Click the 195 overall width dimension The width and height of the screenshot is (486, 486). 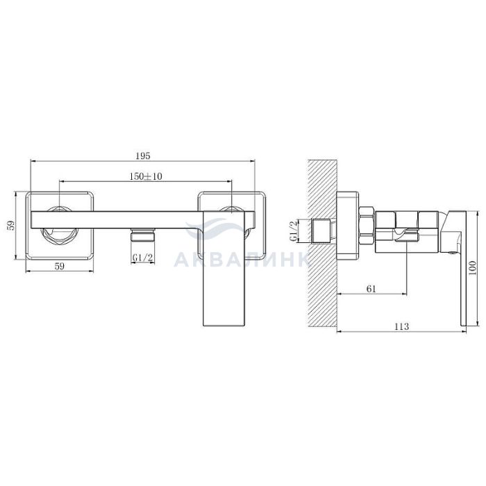pos(143,156)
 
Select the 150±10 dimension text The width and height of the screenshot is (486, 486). pos(146,176)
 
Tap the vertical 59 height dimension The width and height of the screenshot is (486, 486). pos(11,226)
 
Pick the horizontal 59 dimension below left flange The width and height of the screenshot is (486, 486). pos(59,266)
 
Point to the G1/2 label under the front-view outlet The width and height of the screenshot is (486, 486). pos(142,258)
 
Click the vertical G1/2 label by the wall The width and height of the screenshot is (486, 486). pos(293,231)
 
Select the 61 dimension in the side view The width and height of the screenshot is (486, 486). pos(371,289)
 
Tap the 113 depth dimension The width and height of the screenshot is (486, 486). pos(402,326)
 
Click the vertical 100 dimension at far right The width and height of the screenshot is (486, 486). pos(472,269)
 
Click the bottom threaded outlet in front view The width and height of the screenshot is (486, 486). pos(142,235)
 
